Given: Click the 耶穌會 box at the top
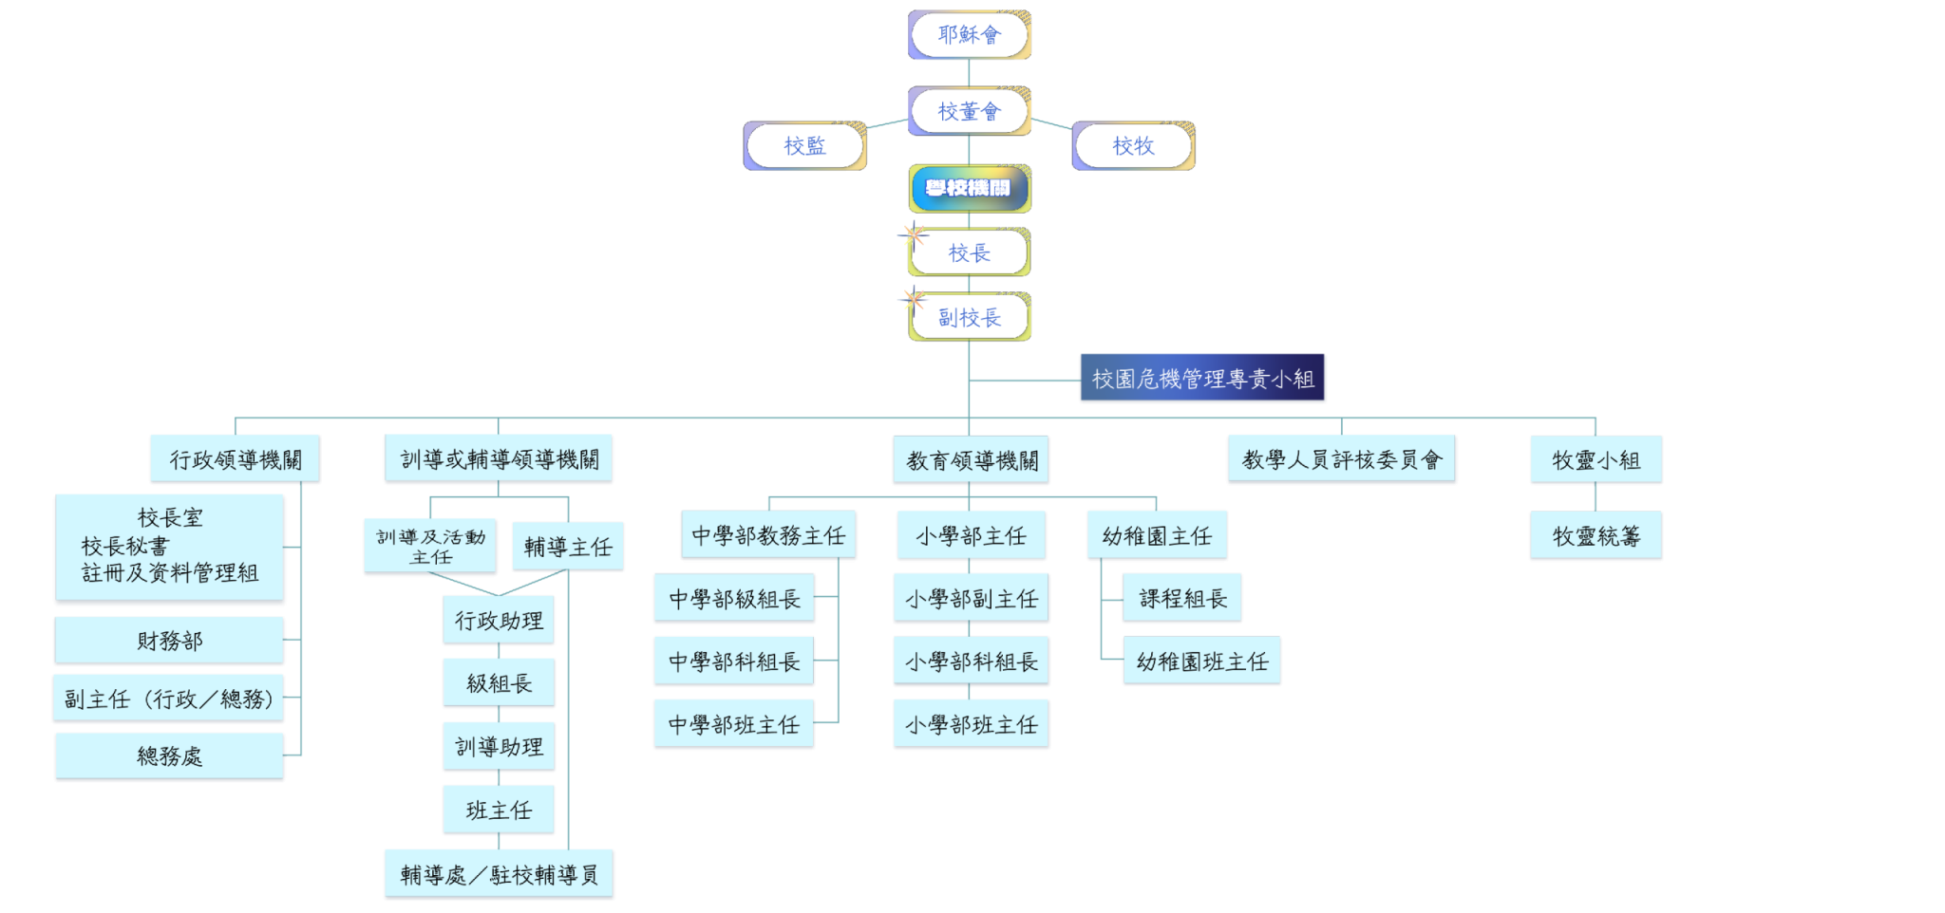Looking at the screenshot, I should tap(969, 35).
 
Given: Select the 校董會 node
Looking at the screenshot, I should tap(969, 112).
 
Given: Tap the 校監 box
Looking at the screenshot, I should tap(804, 146).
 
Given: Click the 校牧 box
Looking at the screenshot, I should tap(1133, 146).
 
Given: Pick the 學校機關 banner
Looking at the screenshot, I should tap(969, 188).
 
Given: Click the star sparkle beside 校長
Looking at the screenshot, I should tap(913, 233).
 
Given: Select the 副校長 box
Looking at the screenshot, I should tap(969, 318).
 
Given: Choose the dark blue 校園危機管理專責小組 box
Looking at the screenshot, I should tap(1202, 379).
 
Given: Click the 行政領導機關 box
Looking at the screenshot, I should tap(236, 460).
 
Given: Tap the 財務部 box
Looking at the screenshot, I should tap(169, 641).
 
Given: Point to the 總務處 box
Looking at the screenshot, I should tap(169, 756).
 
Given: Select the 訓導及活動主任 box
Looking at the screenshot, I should tap(430, 547).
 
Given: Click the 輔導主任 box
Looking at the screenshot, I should tap(568, 547).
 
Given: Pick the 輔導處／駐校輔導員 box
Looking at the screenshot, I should tap(499, 874).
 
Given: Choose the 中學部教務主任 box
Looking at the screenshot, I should tap(768, 536).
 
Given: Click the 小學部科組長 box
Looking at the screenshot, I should tap(971, 661).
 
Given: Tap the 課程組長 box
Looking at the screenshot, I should tap(1182, 598).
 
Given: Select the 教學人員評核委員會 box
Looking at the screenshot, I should tap(1341, 460).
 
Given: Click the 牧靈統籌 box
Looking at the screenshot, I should tap(1596, 536).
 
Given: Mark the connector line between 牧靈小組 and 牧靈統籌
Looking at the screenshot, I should tap(1596, 497).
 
